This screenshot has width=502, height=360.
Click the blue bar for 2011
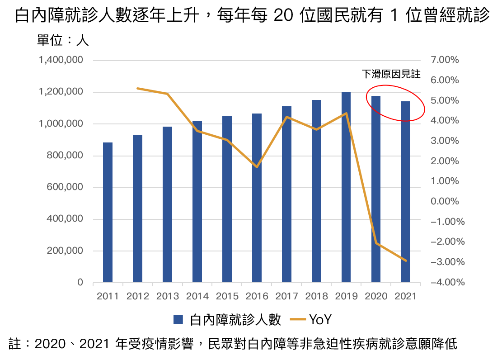pyautogui.click(x=108, y=213)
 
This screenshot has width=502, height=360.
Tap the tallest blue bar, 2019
pyautogui.click(x=346, y=187)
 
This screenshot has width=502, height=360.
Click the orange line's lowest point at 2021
pyautogui.click(x=406, y=261)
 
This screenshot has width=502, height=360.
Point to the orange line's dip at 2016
pyautogui.click(x=257, y=167)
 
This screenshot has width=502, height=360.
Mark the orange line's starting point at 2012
pyautogui.click(x=137, y=88)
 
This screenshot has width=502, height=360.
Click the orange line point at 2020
pyautogui.click(x=376, y=243)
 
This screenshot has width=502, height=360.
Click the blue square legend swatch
pyautogui.click(x=178, y=319)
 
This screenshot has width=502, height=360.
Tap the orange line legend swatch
pyautogui.click(x=298, y=319)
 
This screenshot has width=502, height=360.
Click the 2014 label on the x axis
pyautogui.click(x=197, y=296)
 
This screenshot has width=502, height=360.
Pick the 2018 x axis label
pyautogui.click(x=316, y=296)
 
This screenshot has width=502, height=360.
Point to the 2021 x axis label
pyautogui.click(x=406, y=296)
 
